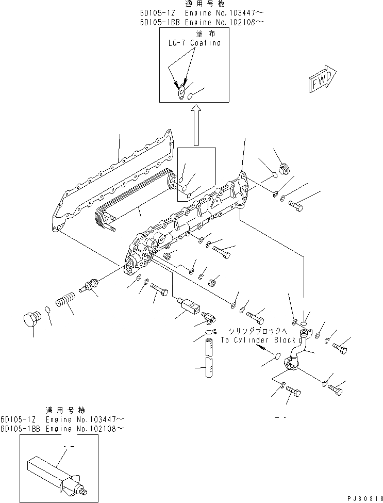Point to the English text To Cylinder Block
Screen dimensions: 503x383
pyautogui.click(x=258, y=340)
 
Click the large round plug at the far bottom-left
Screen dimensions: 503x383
pyautogui.click(x=33, y=319)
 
